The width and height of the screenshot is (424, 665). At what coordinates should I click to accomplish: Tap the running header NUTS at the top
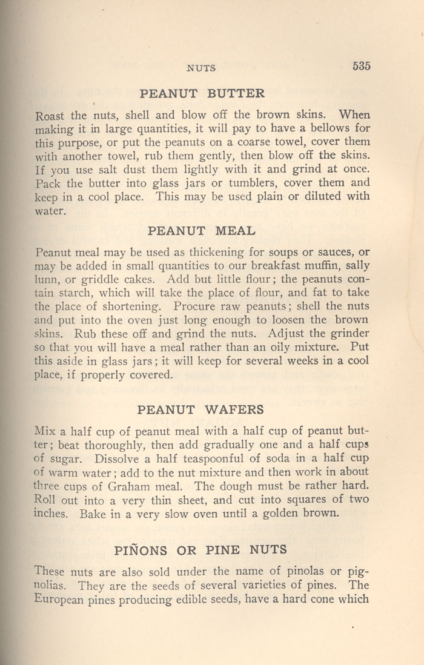point(202,68)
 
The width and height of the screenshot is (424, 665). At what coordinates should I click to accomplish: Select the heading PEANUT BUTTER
point(202,94)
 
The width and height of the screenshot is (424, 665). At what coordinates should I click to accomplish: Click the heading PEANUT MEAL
point(202,230)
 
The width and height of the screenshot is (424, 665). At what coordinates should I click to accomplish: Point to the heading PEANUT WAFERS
point(200,409)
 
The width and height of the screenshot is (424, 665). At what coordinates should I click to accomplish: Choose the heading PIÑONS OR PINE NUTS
point(200,550)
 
